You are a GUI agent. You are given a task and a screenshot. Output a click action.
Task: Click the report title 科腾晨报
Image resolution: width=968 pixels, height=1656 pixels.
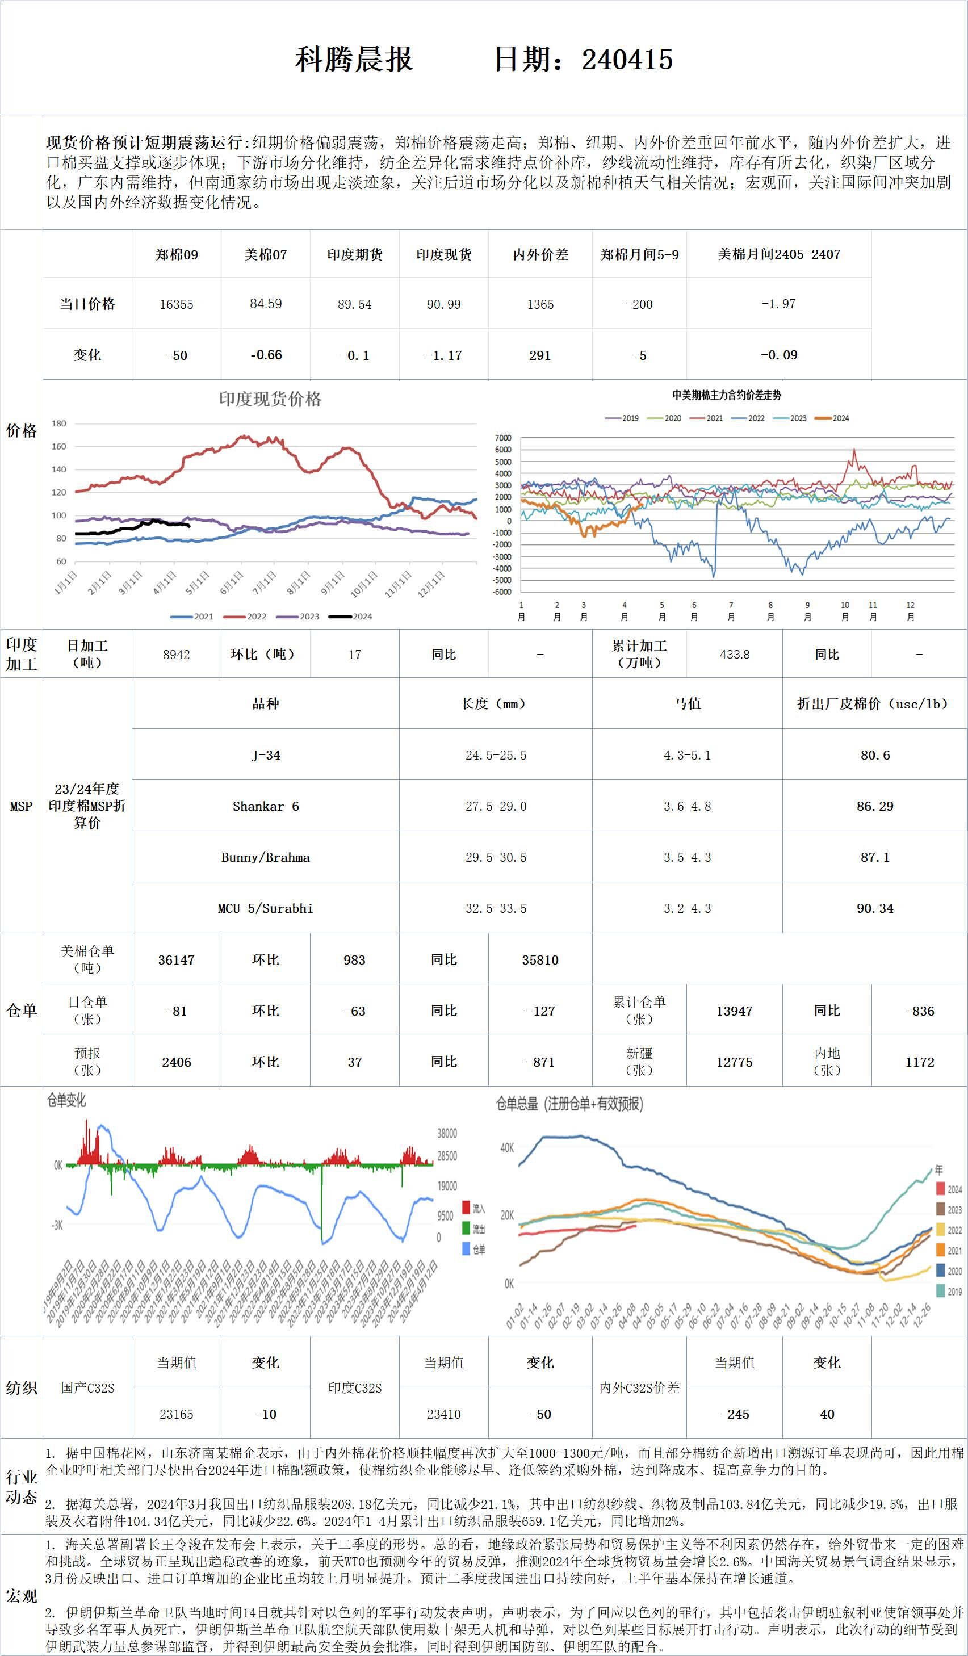[354, 60]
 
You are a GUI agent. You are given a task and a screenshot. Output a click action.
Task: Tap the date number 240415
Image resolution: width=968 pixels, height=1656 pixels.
[627, 60]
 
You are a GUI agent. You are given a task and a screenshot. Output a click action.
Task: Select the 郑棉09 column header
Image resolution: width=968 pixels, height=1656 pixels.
[177, 254]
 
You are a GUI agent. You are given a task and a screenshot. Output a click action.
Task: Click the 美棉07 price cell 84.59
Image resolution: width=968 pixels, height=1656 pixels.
[266, 304]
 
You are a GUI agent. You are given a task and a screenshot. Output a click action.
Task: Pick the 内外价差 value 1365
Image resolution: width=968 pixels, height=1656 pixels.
[540, 304]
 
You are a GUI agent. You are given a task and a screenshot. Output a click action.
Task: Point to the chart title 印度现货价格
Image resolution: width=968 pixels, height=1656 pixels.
[270, 399]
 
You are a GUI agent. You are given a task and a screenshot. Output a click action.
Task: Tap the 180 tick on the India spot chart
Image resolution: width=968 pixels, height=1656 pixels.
[59, 423]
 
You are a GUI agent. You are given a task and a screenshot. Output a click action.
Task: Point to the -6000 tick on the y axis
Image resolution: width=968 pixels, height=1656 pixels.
[502, 592]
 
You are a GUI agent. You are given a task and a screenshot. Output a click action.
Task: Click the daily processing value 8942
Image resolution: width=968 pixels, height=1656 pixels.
[176, 655]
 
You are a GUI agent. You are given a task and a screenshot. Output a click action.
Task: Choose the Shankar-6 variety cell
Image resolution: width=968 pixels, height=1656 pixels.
[266, 806]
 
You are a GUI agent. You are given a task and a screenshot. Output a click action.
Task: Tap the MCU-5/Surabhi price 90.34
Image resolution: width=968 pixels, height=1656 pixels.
[875, 908]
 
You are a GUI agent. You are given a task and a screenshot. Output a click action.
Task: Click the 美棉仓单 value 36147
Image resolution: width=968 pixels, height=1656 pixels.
[176, 960]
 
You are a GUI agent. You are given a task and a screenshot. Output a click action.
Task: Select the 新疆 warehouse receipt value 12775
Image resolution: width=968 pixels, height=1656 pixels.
[734, 1062]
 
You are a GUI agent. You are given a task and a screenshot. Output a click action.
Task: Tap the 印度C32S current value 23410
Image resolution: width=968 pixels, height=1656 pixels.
[443, 1414]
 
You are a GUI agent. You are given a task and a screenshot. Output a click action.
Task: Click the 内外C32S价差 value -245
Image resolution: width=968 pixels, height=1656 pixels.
[734, 1414]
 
